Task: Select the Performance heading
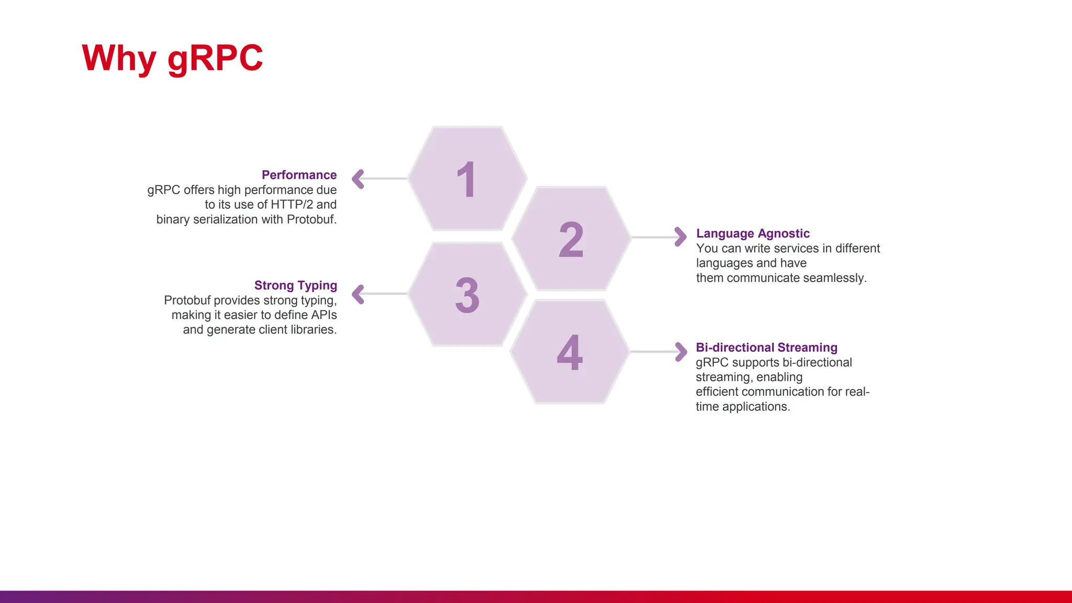(x=299, y=175)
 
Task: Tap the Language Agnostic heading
(x=752, y=233)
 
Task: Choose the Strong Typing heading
(x=295, y=285)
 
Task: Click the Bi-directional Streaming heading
(x=766, y=348)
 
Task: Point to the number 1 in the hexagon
(x=466, y=180)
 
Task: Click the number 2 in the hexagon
(x=571, y=240)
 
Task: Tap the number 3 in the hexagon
(x=467, y=296)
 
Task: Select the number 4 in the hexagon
(x=569, y=353)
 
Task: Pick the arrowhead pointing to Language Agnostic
(x=680, y=237)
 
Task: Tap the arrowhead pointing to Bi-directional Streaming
(x=681, y=352)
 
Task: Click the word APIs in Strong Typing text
(x=323, y=315)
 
